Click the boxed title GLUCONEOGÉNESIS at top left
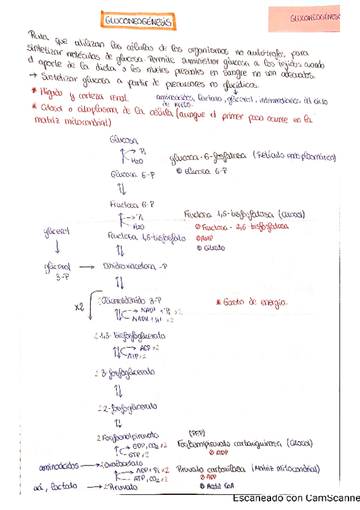138,22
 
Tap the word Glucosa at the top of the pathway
124,140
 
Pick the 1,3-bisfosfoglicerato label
132,336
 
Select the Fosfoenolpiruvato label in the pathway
129,435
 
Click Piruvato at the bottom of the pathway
120,485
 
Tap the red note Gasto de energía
252,301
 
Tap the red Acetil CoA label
212,486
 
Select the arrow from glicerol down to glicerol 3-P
57,248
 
